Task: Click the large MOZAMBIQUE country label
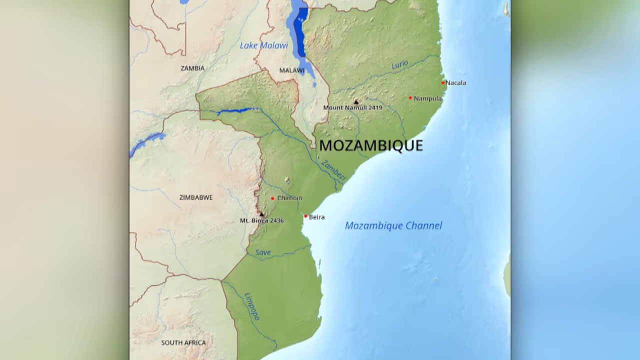[x=371, y=145]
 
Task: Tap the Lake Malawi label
[x=263, y=45]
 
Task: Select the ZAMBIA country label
[x=192, y=68]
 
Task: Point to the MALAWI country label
[x=292, y=70]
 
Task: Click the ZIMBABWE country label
[x=196, y=197]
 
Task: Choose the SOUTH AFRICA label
[x=183, y=343]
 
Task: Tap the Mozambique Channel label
[x=393, y=225]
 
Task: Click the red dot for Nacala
[x=443, y=83]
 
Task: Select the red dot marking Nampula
[x=410, y=98]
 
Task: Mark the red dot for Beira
[x=306, y=216]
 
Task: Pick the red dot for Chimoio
[x=272, y=198]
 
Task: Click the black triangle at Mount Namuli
[x=356, y=101]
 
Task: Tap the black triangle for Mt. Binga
[x=261, y=214]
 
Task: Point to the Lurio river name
[x=399, y=65]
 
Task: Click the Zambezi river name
[x=333, y=170]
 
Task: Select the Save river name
[x=263, y=252]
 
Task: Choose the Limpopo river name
[x=252, y=306]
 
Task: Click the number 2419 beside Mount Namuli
[x=375, y=107]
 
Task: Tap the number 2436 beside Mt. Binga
[x=275, y=220]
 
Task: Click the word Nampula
[x=428, y=98]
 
